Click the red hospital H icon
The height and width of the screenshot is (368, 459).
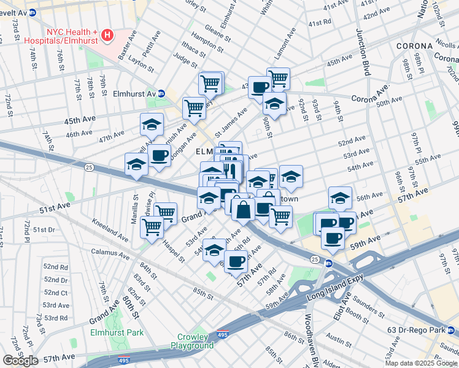pos(107,35)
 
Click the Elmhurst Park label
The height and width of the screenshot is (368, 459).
pos(117,333)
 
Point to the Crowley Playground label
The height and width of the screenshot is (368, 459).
pos(196,341)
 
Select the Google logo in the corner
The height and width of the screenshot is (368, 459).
pos(20,360)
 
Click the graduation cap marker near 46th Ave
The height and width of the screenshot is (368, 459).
pos(152,125)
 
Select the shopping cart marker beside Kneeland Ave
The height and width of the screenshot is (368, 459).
pos(152,226)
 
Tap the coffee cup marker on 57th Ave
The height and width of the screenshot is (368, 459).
pos(236,262)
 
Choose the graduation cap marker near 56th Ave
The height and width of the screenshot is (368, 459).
pos(340,197)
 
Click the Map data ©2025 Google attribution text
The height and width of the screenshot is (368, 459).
pos(421,363)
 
